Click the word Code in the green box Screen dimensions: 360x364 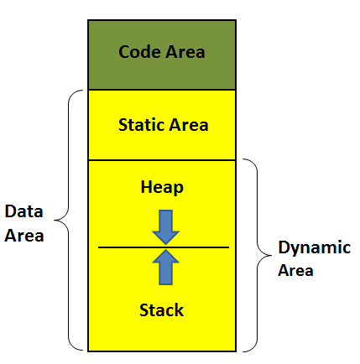[140, 52]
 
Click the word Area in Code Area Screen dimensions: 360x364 [185, 52]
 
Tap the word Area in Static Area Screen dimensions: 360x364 [189, 125]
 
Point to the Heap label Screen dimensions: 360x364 [162, 187]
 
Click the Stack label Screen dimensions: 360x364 [162, 310]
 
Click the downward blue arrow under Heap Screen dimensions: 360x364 [165, 227]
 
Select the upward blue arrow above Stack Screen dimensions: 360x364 [165, 268]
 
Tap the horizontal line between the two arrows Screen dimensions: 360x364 [164, 247]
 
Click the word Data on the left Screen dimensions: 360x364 [23, 211]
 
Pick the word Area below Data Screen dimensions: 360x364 [24, 236]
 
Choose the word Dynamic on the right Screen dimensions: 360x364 [315, 248]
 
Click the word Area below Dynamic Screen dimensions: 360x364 [295, 270]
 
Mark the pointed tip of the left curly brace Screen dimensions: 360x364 [55, 221]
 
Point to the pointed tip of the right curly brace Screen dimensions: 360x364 [271, 255]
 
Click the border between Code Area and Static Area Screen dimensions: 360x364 [162, 90]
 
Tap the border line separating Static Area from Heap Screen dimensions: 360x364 [162, 160]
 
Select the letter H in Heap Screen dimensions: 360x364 [146, 186]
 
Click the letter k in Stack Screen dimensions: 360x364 [179, 310]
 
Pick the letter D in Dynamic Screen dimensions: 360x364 [284, 247]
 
